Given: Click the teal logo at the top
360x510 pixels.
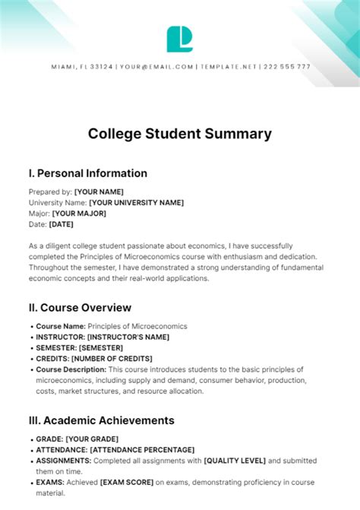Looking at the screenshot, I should (x=180, y=39).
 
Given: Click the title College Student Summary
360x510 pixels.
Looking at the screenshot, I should (x=180, y=134).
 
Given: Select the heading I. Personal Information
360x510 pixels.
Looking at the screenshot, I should (x=87, y=173).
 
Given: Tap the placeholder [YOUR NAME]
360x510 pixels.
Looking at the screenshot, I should (x=99, y=192).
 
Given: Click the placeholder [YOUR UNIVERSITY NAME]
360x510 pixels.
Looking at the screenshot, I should (x=136, y=203).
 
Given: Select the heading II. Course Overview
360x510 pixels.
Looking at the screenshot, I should (x=80, y=307).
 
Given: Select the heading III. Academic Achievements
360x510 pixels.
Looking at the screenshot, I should (x=101, y=420).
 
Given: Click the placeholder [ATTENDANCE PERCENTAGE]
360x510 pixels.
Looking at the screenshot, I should (x=142, y=450).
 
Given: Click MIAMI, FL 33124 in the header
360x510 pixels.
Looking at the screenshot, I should (x=82, y=67).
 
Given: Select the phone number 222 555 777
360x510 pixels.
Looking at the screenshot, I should (x=287, y=67).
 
